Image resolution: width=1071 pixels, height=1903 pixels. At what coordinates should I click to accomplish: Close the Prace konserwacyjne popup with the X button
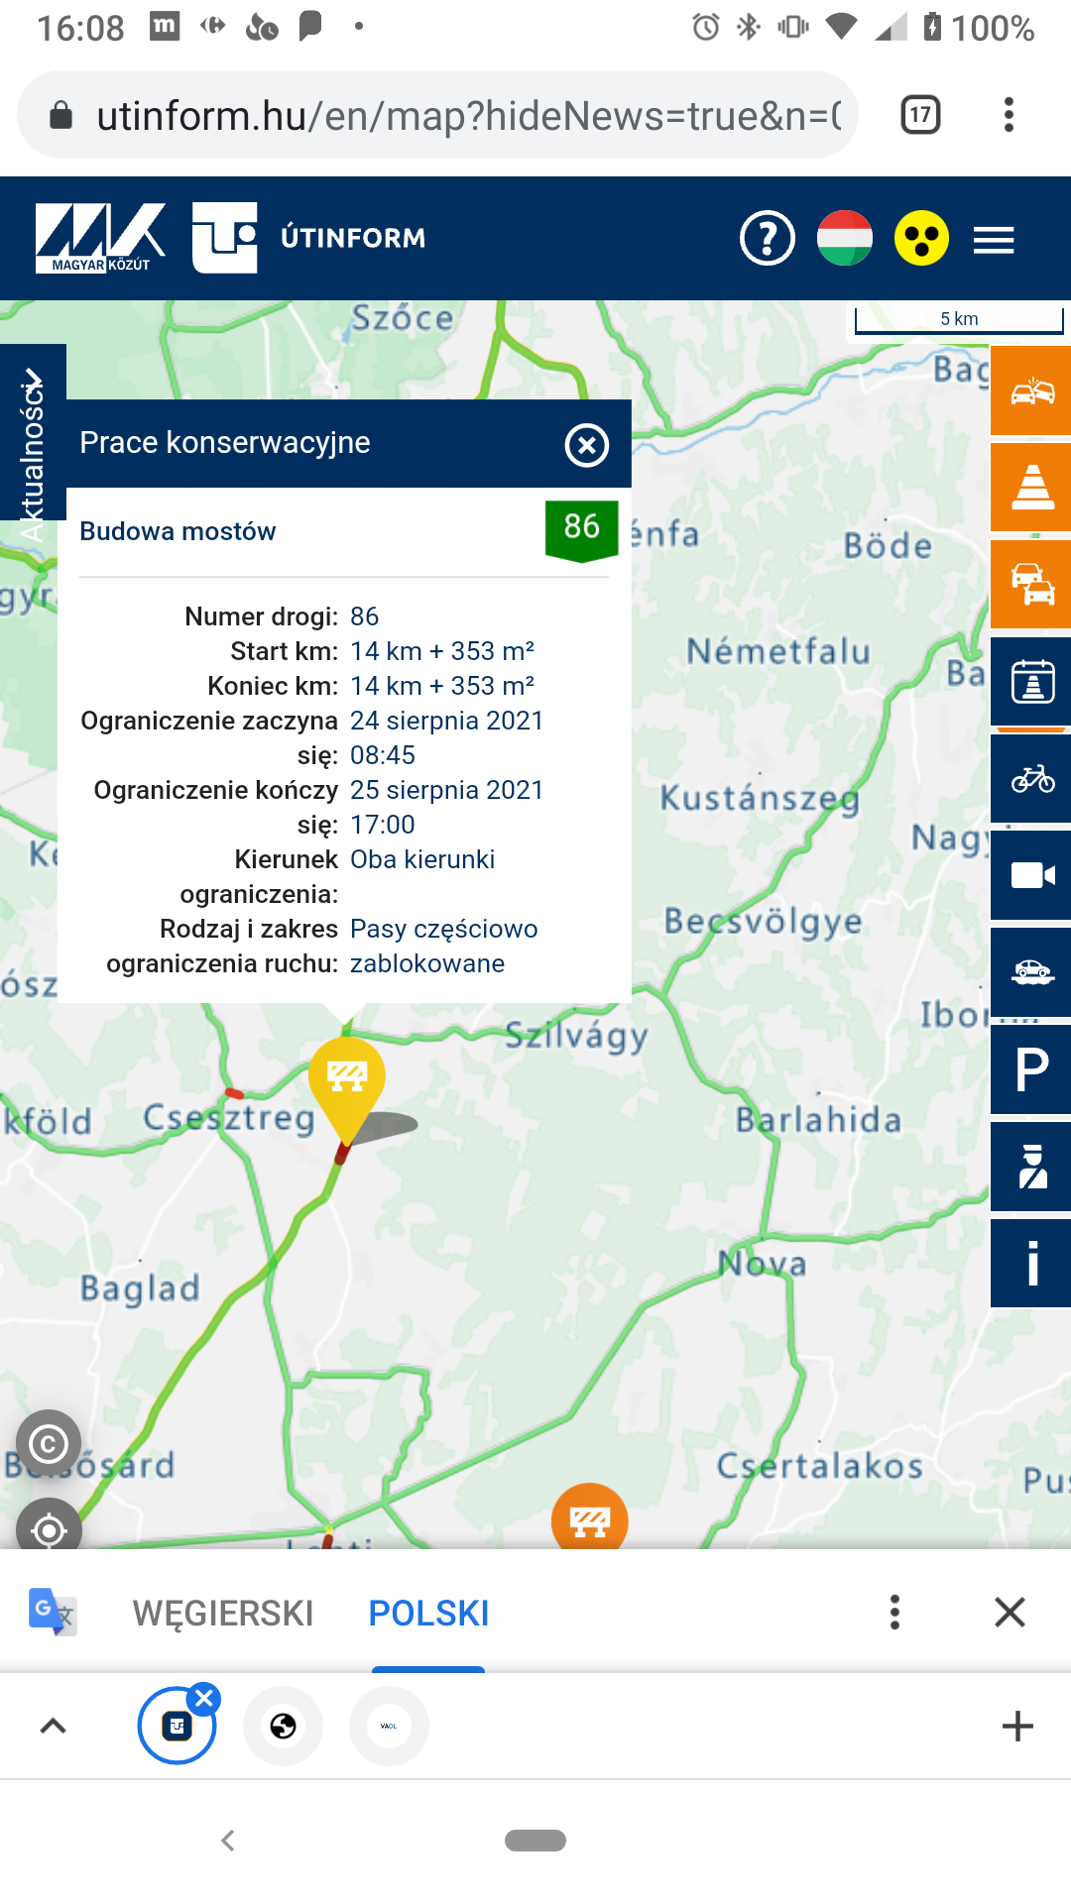click(x=586, y=445)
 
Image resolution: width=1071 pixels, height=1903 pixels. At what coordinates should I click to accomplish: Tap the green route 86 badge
click(x=581, y=528)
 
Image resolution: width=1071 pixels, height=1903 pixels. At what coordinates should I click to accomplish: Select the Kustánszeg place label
click(x=760, y=798)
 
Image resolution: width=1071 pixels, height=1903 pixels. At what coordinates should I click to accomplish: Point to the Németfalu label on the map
click(x=778, y=651)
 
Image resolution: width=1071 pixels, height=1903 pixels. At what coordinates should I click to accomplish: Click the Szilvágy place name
click(x=576, y=1036)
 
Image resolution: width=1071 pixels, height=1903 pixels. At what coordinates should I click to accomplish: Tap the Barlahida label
click(x=818, y=1120)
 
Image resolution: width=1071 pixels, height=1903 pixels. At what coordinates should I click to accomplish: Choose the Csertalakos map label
click(x=819, y=1466)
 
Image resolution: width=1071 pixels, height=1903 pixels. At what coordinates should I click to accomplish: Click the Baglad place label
click(x=140, y=1288)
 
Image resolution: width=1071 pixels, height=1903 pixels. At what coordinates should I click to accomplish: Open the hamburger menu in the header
click(x=993, y=240)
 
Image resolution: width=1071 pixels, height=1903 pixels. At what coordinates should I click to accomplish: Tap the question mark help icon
click(x=767, y=239)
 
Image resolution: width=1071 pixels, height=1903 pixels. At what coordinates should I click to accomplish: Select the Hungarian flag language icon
click(x=844, y=239)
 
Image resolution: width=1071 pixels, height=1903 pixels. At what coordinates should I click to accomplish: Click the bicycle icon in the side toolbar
click(x=1031, y=779)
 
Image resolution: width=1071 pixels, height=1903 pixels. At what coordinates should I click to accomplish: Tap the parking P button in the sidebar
click(x=1031, y=1070)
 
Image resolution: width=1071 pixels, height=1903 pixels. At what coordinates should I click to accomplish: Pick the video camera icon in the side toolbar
click(x=1031, y=875)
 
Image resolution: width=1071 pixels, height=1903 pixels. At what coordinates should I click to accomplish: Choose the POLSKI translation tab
click(x=428, y=1614)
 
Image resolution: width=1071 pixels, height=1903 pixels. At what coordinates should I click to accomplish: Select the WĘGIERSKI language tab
click(x=223, y=1614)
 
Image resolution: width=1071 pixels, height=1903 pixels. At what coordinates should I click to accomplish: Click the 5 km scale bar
click(x=958, y=320)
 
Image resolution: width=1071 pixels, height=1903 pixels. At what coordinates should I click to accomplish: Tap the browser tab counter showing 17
click(x=920, y=115)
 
